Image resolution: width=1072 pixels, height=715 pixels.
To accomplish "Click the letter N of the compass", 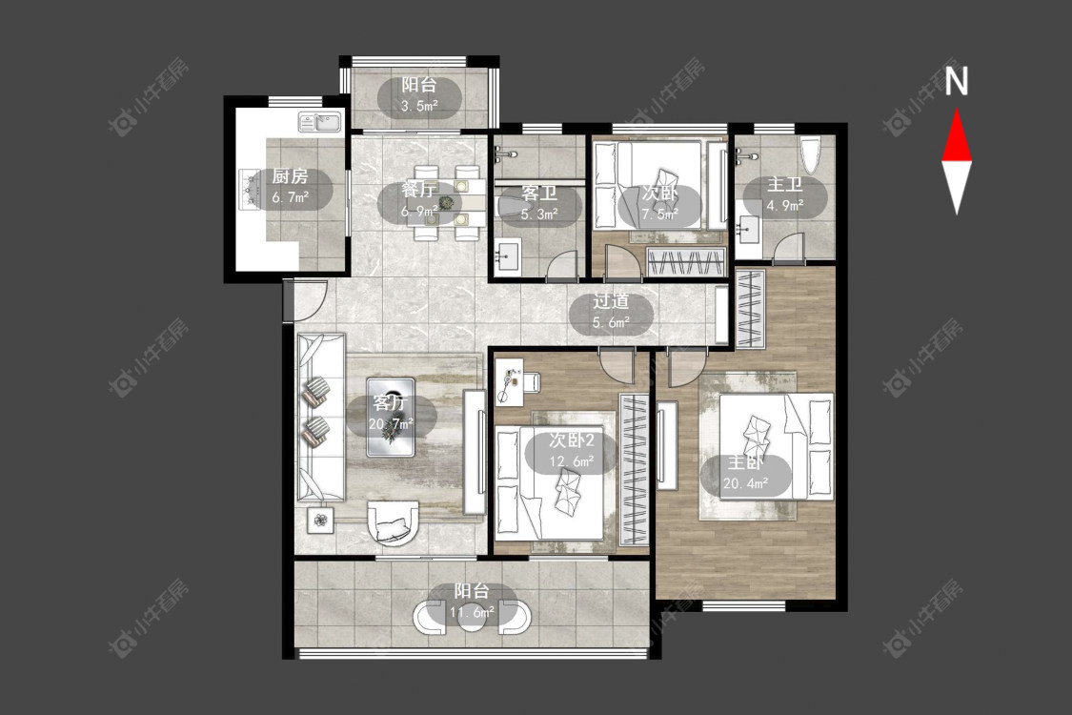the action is pos(957,81).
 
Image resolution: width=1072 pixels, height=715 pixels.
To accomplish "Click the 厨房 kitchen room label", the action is pos(290,176).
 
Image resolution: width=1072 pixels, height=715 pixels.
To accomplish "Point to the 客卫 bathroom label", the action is pos(539,193).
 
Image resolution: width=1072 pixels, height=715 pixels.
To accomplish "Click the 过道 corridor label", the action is pos(611,301).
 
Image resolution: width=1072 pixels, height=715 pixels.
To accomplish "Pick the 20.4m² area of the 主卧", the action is pos(746,483).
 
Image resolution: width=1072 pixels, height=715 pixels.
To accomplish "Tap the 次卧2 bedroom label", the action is pos(572,440).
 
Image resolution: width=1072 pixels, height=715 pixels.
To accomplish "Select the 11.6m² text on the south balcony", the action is pos(472,612).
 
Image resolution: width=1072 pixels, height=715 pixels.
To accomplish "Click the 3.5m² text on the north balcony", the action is pos(419,106).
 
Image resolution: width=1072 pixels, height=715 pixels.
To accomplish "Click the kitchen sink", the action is pos(319,122).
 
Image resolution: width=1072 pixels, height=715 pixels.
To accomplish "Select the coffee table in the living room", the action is pos(390,417).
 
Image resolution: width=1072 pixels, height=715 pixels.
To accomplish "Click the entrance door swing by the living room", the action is pos(306,299).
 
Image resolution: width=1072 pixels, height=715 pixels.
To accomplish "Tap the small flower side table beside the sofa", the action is pos(320,521).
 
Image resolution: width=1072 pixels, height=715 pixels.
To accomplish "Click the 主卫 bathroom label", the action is pos(784,185).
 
